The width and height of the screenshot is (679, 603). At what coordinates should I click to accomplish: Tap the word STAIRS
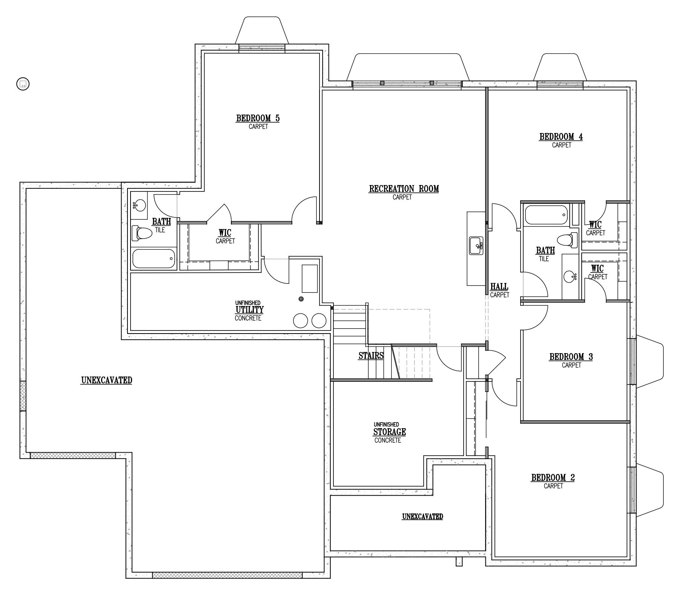click(x=371, y=355)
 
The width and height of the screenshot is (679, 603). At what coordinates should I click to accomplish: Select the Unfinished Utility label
click(x=249, y=310)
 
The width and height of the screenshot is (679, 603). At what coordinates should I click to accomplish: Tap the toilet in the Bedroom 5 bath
click(x=142, y=233)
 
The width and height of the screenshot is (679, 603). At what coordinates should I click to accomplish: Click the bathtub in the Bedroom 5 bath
click(x=154, y=259)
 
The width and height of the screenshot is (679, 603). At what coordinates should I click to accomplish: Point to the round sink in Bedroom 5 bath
click(x=139, y=206)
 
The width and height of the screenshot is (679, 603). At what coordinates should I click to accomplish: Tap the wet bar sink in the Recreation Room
click(x=476, y=246)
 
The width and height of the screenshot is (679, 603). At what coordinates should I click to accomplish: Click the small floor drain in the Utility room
click(x=301, y=299)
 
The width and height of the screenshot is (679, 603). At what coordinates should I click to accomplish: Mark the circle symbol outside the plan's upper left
click(x=23, y=84)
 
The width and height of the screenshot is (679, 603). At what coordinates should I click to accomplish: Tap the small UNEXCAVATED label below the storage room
click(x=422, y=516)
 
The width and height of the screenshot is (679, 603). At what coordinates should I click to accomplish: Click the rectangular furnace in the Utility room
click(x=310, y=279)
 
